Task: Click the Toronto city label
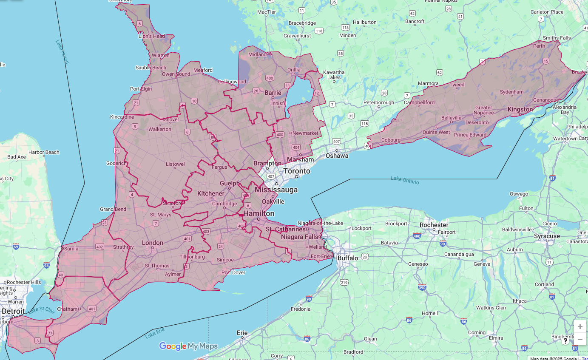[x=297, y=171]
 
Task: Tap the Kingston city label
[x=520, y=110]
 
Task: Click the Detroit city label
[x=13, y=311]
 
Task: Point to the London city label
[x=152, y=243]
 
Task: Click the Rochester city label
[x=434, y=225]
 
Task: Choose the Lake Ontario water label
[x=405, y=180]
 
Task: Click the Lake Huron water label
[x=62, y=52]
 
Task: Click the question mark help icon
[x=565, y=341]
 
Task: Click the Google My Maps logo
[x=188, y=346]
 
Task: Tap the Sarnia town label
[x=71, y=249]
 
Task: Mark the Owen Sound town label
[x=176, y=74]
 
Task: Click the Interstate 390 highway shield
[x=422, y=287]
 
